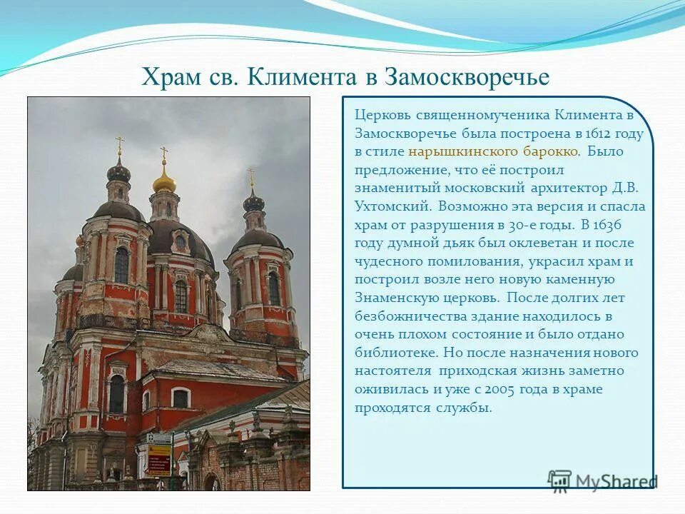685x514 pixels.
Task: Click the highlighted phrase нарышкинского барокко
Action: pos(493,152)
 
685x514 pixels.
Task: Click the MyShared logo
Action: pos(603,480)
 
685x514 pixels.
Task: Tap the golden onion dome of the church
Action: pos(164,181)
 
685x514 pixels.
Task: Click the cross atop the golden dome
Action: pos(164,153)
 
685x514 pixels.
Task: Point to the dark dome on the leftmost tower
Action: pos(118,171)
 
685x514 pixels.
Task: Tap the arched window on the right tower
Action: pos(273,288)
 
